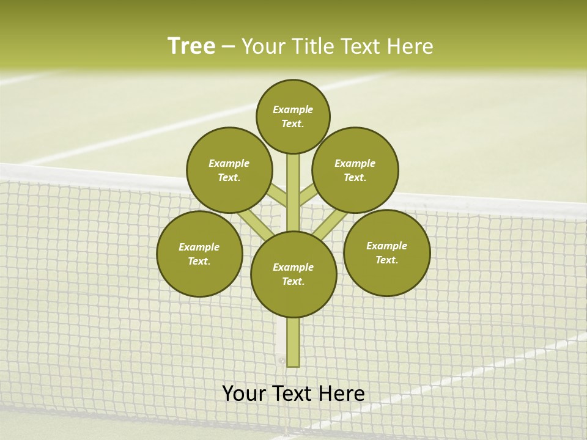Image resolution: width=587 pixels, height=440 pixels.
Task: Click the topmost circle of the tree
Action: pos(293,116)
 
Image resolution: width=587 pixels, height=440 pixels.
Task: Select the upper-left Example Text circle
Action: pos(229,170)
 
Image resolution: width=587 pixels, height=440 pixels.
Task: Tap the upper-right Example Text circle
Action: pos(355,170)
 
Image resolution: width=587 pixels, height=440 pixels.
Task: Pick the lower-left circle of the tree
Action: pos(199,254)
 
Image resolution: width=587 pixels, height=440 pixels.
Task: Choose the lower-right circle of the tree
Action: pos(387,252)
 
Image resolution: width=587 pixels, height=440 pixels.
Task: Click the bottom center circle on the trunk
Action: pos(293,274)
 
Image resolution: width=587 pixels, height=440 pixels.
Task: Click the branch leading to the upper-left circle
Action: pos(277,196)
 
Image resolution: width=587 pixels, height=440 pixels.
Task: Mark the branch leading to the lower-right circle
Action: pos(330,226)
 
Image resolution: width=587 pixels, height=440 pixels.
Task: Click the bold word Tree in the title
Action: pos(191,46)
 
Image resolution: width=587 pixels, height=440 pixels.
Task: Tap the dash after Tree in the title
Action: pos(228,46)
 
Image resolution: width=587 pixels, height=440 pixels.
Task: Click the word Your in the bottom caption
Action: pos(245,393)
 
